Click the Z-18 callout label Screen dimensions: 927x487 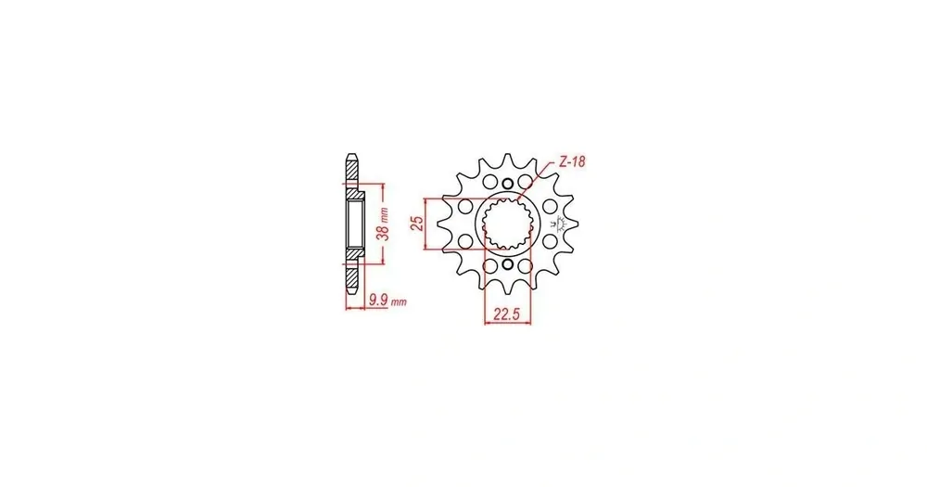click(x=572, y=161)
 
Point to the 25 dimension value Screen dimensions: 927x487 click(x=417, y=223)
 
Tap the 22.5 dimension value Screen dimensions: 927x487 click(x=507, y=314)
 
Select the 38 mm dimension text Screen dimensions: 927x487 click(x=384, y=223)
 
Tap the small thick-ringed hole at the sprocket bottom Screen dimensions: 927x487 click(x=507, y=264)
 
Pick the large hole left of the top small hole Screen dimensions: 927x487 click(x=490, y=181)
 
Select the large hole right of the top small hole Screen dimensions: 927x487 click(x=525, y=181)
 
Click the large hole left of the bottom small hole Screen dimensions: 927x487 click(x=490, y=265)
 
